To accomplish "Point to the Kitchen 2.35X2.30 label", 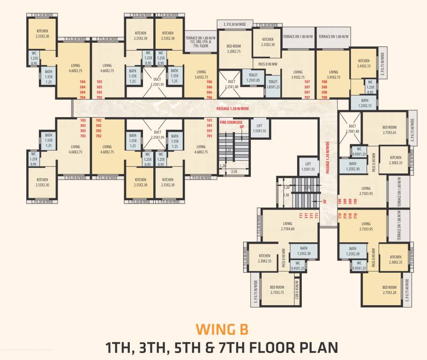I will coord(268,42).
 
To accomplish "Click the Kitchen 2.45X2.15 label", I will coord(364,63).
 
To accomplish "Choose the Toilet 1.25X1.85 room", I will coord(253,78).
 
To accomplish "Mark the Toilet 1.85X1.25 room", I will coord(273,84).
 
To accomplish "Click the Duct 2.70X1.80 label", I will coord(352,128).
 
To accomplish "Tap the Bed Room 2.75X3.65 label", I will coord(390,130).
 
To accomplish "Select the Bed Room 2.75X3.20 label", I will coord(390,290).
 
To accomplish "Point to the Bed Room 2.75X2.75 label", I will coord(277,290).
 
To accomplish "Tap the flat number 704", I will coord(83,97).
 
